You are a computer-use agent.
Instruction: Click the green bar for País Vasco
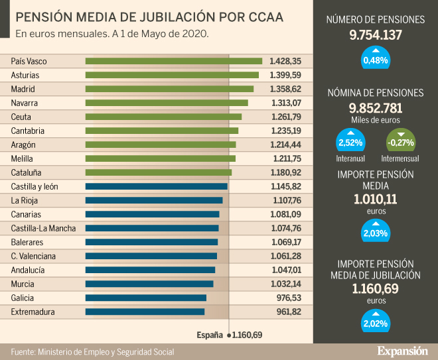[x=174, y=61]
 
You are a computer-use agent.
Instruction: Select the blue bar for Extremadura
[x=145, y=312]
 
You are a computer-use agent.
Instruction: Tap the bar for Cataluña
[x=159, y=172]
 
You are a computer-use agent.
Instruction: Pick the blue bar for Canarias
[x=152, y=214]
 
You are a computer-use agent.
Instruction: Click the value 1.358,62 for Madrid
[x=285, y=89]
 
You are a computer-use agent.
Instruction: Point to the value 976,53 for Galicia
[x=289, y=298]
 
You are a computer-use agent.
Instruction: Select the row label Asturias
[x=25, y=75]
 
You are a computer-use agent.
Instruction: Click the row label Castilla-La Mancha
[x=43, y=228]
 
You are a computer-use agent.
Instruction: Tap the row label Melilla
[x=23, y=158]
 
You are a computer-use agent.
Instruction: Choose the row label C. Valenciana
[x=33, y=256]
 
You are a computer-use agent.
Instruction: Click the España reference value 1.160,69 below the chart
[x=246, y=335]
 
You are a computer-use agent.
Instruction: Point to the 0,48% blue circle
[x=376, y=59]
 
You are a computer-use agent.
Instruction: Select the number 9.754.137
[x=376, y=34]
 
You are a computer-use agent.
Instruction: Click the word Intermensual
[x=400, y=158]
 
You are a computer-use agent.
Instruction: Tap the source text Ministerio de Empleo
[x=92, y=351]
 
